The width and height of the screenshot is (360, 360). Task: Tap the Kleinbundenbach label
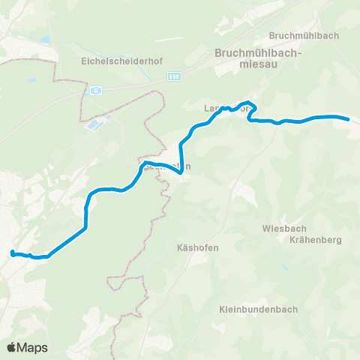pos(259,309)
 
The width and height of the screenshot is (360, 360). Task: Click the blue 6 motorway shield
pos(97,91)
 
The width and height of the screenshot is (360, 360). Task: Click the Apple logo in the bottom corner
pos(11,347)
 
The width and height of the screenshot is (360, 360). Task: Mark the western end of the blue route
pos(11,253)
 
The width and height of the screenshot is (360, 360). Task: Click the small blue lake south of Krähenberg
pos(284,267)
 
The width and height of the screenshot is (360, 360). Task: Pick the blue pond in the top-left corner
pos(46,39)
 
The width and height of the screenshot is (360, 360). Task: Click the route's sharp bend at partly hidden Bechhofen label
pos(180,172)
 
